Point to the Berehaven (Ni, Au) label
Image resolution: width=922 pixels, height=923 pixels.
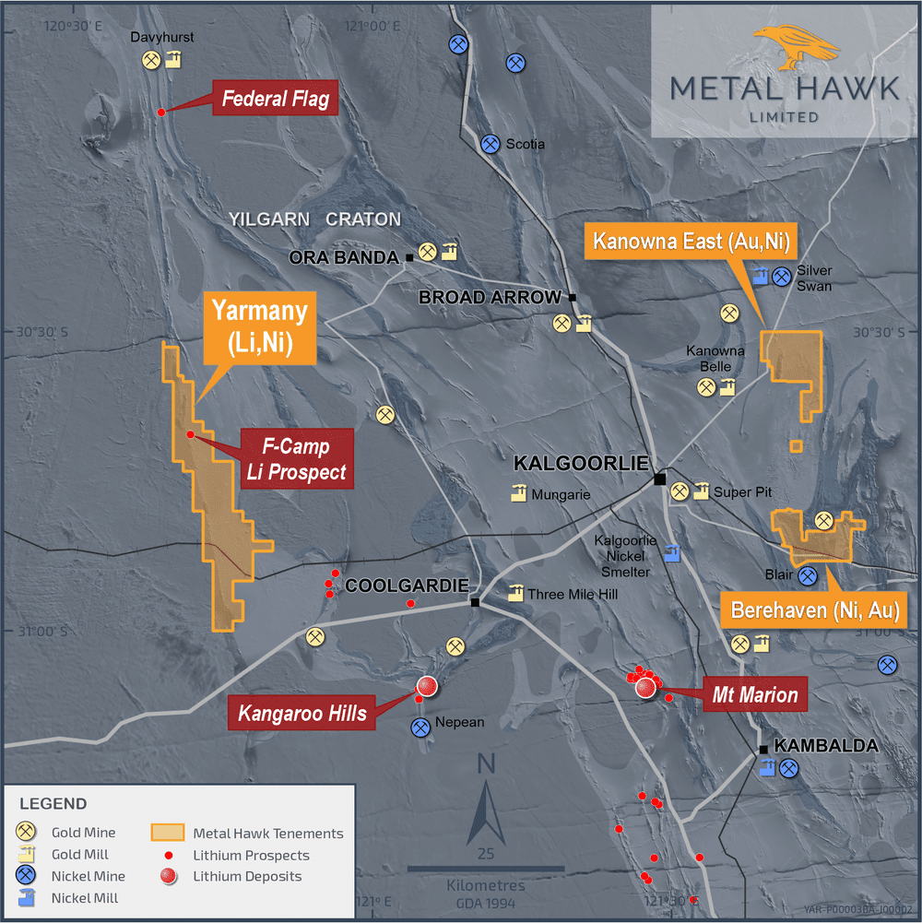(x=815, y=609)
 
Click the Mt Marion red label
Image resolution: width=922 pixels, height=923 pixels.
(x=754, y=693)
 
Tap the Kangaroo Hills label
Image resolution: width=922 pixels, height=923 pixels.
(x=303, y=712)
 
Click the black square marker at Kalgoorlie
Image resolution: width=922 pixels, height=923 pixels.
(x=660, y=479)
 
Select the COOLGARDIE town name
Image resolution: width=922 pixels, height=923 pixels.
(x=407, y=586)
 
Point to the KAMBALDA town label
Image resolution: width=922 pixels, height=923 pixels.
(x=825, y=746)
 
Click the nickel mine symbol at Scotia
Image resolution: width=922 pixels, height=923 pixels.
(x=491, y=144)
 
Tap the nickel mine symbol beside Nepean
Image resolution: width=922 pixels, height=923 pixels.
(x=421, y=727)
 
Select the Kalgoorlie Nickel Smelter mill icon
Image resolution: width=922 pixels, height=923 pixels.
(x=672, y=553)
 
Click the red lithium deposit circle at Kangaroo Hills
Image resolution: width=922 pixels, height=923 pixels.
(x=426, y=686)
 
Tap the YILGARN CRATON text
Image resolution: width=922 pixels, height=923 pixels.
(x=314, y=219)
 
